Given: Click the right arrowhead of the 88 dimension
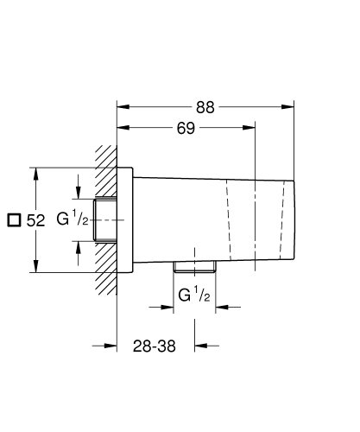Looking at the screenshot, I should (290, 107).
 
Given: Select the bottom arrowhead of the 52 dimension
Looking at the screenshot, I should (36, 268).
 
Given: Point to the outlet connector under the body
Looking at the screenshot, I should (193, 265).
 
